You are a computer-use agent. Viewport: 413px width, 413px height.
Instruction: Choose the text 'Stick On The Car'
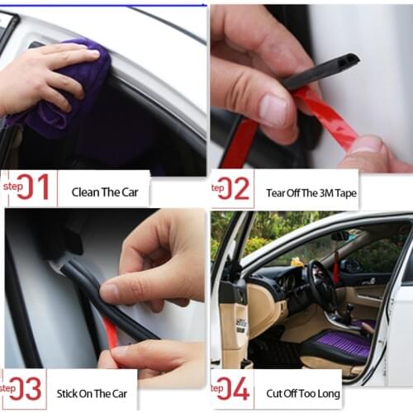point(92,393)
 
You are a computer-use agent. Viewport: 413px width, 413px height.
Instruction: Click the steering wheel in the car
point(322,285)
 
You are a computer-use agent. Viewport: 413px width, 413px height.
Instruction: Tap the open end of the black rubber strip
point(350,60)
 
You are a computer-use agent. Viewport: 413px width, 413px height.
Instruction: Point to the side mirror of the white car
point(339,236)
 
